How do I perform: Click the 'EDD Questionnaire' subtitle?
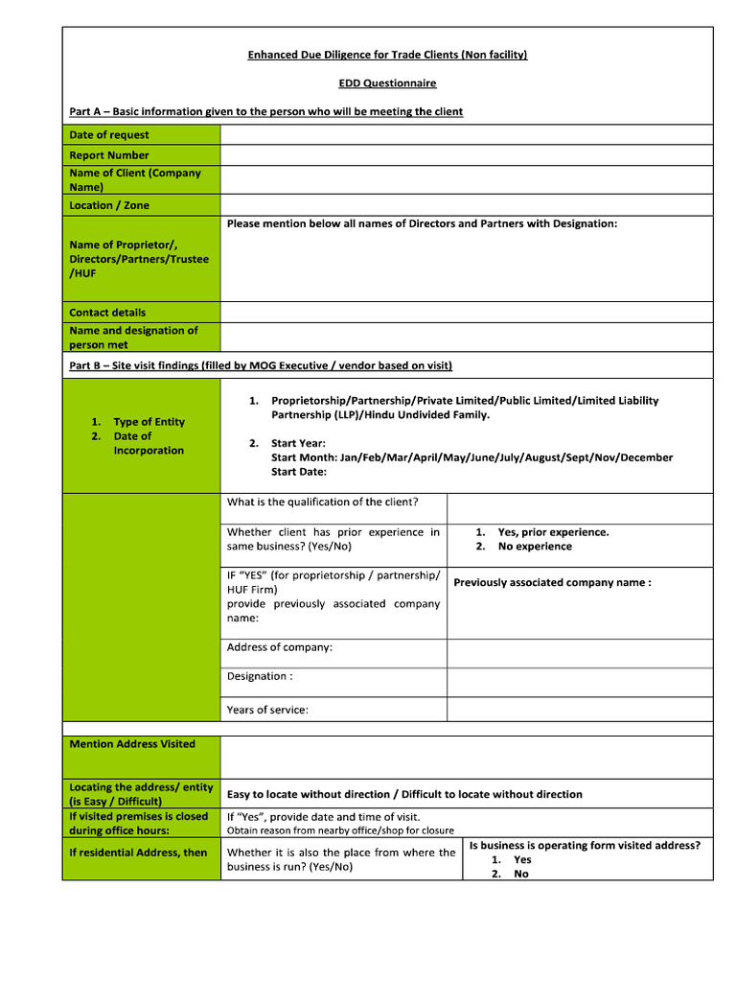387,83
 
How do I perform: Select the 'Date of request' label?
109,135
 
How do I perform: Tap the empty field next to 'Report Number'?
467,155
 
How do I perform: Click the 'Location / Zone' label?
109,205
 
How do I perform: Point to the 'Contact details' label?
107,313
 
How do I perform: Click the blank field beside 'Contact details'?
467,313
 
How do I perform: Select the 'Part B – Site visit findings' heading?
261,365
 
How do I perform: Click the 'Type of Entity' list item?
149,422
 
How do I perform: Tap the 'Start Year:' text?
298,443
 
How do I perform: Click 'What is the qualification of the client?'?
322,502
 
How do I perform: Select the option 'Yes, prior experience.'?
553,532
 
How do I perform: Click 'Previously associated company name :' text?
552,582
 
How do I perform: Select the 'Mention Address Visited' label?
132,744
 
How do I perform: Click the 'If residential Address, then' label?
138,853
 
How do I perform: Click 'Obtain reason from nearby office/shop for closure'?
340,830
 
